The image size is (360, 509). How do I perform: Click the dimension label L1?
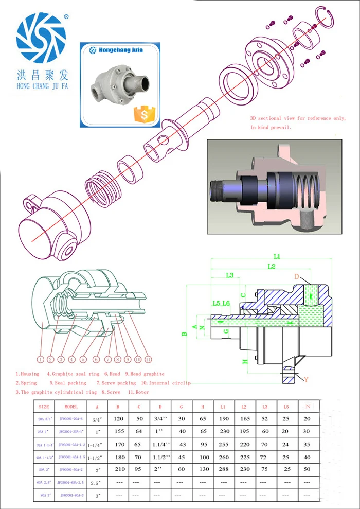pyautogui.click(x=277, y=256)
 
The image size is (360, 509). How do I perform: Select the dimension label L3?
pyautogui.click(x=230, y=276)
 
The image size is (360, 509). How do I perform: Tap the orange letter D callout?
pyautogui.click(x=297, y=277)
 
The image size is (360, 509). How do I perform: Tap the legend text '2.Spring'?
pyautogui.click(x=26, y=383)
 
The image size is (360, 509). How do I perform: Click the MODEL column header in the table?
pyautogui.click(x=70, y=406)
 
